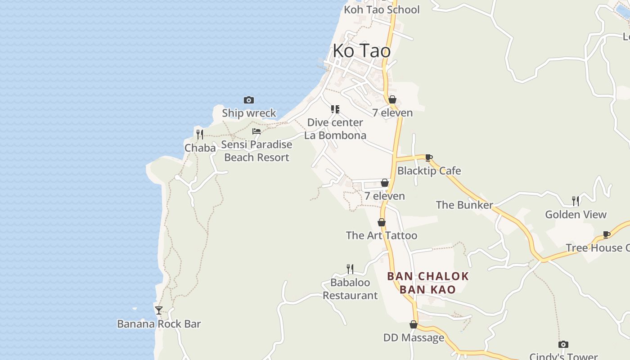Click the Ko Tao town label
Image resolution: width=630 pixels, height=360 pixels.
[362, 51]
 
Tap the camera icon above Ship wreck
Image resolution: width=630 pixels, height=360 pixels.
[248, 100]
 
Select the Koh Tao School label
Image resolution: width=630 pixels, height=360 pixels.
[382, 9]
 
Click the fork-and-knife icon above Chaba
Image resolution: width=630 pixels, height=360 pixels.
[200, 134]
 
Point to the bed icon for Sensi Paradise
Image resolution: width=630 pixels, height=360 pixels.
[256, 131]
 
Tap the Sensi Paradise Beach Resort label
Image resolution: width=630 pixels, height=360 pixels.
[256, 151]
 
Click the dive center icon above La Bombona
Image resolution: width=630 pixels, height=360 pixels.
[335, 109]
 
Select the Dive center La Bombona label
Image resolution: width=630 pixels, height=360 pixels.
[335, 129]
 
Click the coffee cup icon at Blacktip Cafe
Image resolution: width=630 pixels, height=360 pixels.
[428, 157]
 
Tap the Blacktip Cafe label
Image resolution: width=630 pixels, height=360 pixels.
[429, 171]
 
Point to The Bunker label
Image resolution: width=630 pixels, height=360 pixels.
[464, 205]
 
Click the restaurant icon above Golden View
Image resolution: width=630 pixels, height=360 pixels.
[576, 200]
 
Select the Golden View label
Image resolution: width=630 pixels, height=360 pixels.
[576, 214]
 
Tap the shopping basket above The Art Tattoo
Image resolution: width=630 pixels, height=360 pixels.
[382, 222]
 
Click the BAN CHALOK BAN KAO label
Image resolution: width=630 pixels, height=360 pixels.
[428, 283]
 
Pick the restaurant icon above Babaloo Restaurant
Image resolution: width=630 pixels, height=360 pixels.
[350, 269]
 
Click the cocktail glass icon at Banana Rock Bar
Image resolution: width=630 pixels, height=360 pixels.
[159, 310]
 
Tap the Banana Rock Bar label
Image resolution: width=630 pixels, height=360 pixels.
[159, 324]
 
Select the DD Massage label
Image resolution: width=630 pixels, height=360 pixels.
[414, 337]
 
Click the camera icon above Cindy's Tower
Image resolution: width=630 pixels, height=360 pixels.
[563, 344]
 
